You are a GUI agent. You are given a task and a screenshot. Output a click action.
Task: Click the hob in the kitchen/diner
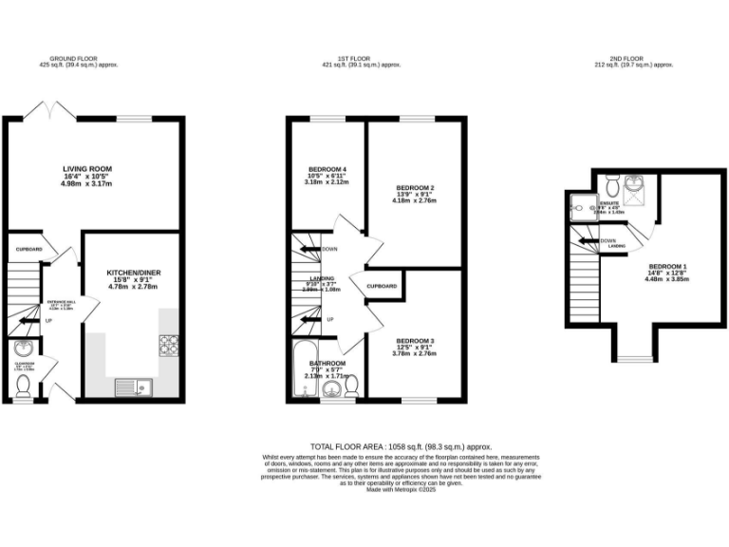pos(169,346)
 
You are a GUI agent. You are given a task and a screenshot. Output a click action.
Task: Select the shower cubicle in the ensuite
pos(580,206)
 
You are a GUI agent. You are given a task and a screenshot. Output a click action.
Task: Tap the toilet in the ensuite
pos(612,181)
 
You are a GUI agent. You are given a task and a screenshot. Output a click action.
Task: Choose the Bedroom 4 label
pos(327,170)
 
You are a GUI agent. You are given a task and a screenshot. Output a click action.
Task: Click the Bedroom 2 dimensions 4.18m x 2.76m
pos(415,201)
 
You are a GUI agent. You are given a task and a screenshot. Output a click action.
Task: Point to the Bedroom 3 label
pos(415,341)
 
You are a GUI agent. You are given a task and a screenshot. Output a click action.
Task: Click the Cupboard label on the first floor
pos(382,286)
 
